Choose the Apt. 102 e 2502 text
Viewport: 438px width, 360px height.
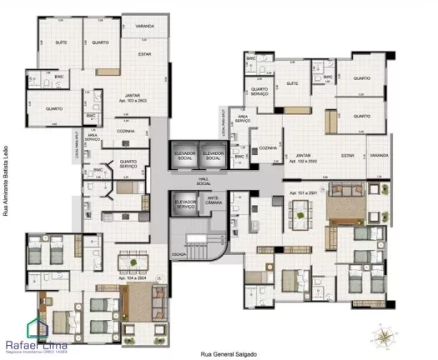(305, 161)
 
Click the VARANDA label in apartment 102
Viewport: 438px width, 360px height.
(380, 155)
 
